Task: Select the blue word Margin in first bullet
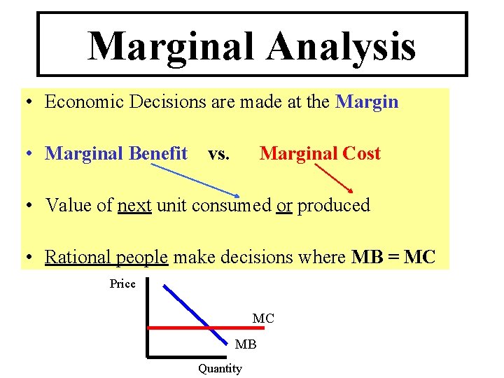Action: [x=367, y=102]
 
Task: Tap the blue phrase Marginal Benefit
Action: [x=116, y=153]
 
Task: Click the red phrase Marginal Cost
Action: [x=320, y=153]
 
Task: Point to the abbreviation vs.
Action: [x=218, y=154]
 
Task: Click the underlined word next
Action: [x=134, y=206]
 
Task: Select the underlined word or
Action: [x=284, y=206]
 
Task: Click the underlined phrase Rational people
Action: [x=106, y=258]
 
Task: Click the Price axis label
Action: [x=122, y=283]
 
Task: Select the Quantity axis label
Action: [x=220, y=368]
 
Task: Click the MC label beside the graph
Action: [x=263, y=318]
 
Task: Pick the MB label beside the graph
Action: [x=246, y=344]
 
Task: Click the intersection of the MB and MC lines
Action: [x=209, y=327]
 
